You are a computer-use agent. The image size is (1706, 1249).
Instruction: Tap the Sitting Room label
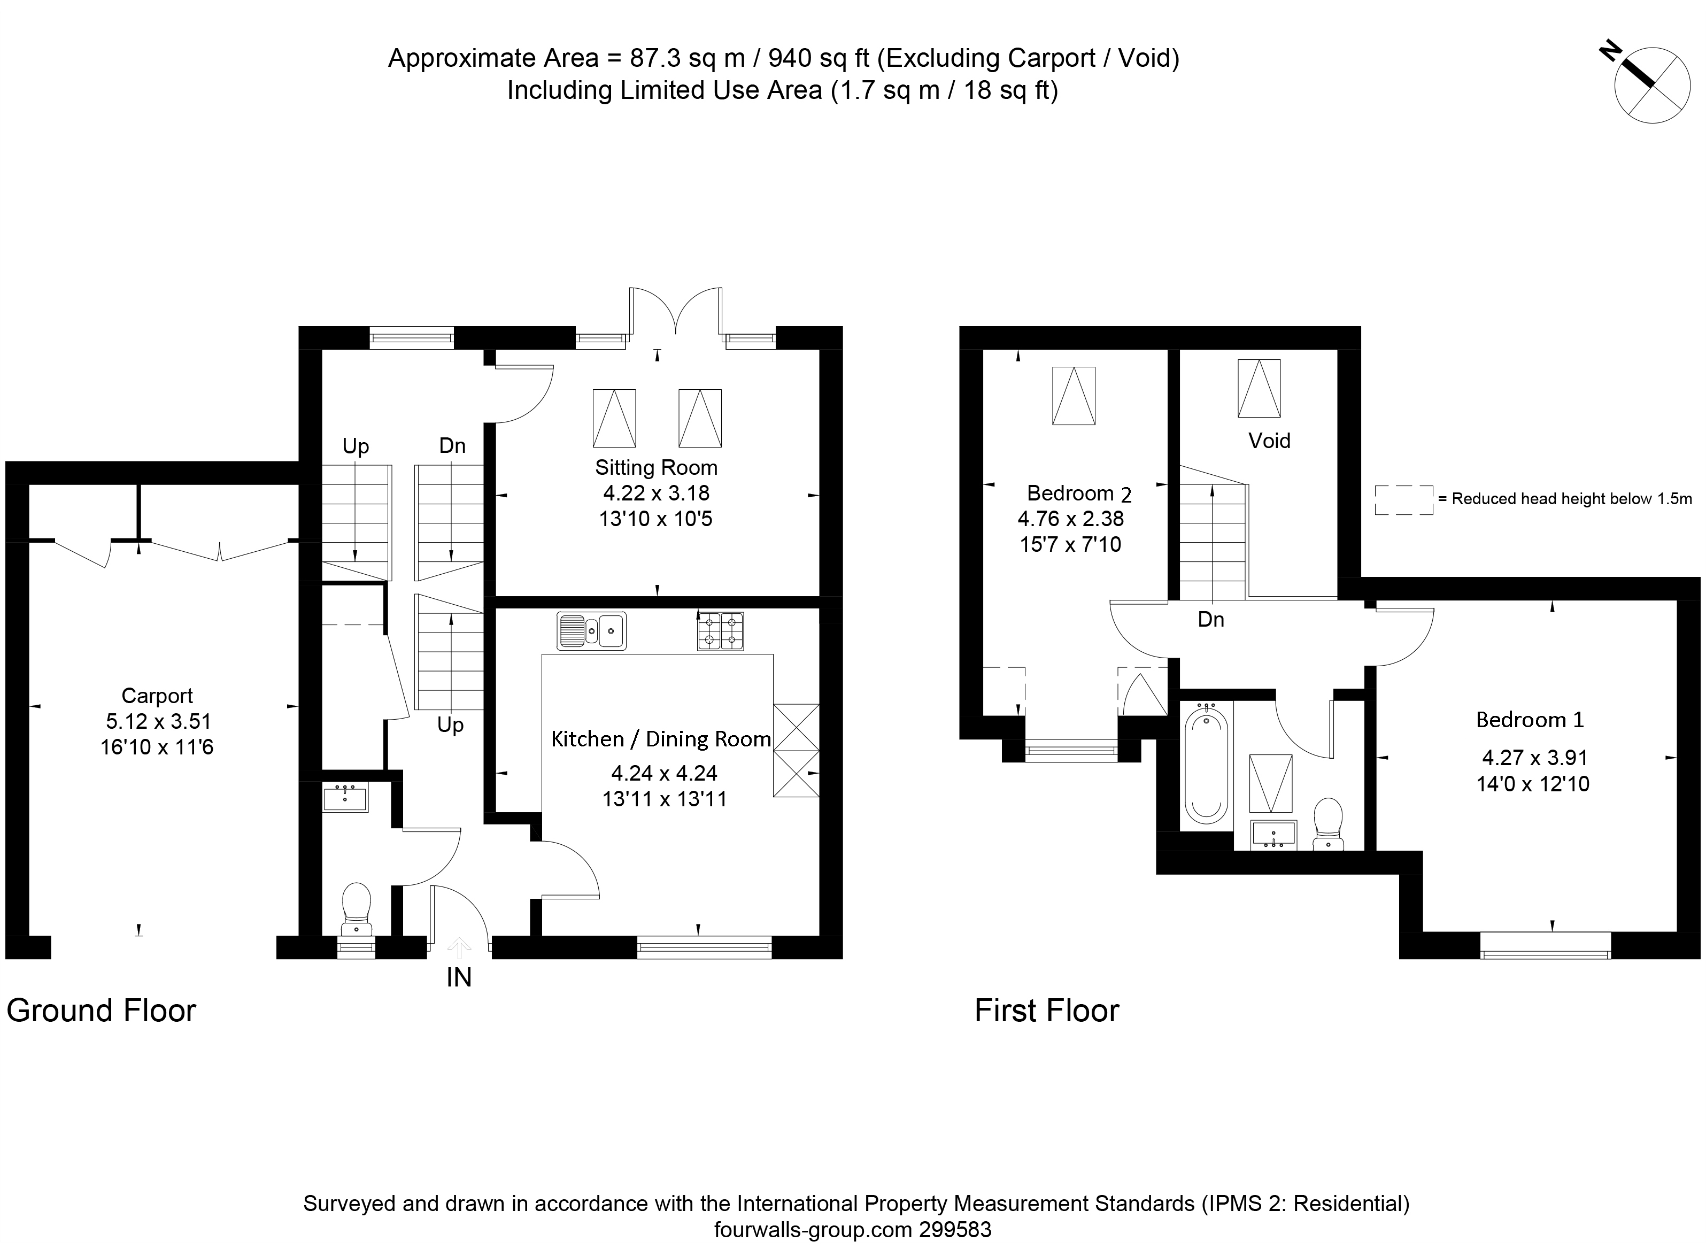coord(656,467)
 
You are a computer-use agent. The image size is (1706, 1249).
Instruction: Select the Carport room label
coord(157,696)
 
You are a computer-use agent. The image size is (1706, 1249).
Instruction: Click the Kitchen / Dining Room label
coord(661,739)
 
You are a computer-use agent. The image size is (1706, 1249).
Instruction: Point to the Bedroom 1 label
coord(1530,720)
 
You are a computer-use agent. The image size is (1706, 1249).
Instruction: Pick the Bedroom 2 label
coord(1079,494)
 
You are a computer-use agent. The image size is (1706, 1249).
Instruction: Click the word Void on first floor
coord(1269,441)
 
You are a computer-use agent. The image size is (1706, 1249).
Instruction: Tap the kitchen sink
coord(592,630)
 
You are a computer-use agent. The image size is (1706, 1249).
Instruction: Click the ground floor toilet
coord(356,909)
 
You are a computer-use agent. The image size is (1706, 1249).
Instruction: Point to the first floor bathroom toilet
coord(1328,823)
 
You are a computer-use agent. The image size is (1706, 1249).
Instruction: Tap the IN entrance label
coord(459,977)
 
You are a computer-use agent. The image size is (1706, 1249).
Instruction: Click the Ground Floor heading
coord(101,1011)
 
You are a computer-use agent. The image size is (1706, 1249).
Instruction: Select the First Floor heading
coord(1047,1011)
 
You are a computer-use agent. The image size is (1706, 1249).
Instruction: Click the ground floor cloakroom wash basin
coord(345,798)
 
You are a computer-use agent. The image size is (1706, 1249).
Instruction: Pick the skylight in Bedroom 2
coord(1074,396)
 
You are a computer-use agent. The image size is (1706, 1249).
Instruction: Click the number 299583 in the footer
coord(955,1230)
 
